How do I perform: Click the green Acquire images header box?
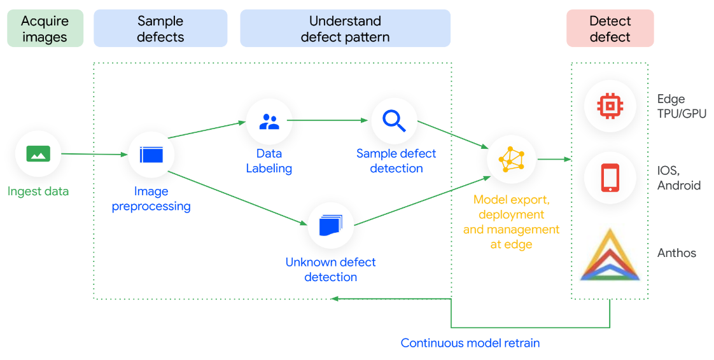(x=45, y=29)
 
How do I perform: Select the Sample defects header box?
(x=160, y=29)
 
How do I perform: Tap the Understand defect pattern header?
(x=345, y=29)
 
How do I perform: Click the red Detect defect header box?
(x=610, y=29)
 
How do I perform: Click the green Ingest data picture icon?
(x=38, y=153)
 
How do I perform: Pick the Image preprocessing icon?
(x=151, y=154)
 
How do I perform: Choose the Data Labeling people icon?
(x=269, y=121)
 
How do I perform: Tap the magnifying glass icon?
(x=394, y=120)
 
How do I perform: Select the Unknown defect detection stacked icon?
(x=331, y=225)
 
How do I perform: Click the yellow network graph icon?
(x=512, y=159)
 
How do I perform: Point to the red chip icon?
(x=610, y=105)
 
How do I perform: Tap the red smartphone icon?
(x=610, y=177)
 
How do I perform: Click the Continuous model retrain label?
(x=470, y=343)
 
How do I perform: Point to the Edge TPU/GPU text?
(x=682, y=106)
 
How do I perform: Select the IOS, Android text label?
(x=679, y=178)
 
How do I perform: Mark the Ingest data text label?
(x=38, y=191)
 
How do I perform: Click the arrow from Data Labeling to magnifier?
(x=331, y=120)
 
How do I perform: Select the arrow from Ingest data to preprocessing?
(x=94, y=154)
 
